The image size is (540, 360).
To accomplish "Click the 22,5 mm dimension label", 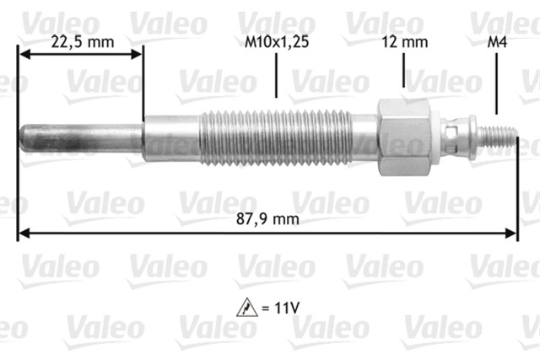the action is point(83,42).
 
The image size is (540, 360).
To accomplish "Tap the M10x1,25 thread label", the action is point(277,42).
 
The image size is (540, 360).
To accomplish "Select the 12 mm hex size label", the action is point(405,42).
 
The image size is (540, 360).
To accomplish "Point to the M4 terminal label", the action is point(497,42).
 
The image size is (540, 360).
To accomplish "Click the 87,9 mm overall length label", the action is point(267,219).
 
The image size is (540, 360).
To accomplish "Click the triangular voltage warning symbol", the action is point(247,308).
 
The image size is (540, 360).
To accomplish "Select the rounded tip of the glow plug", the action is point(24,138).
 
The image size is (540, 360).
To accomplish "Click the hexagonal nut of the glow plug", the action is point(405,137).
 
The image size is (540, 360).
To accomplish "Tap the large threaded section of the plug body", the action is point(276,137).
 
